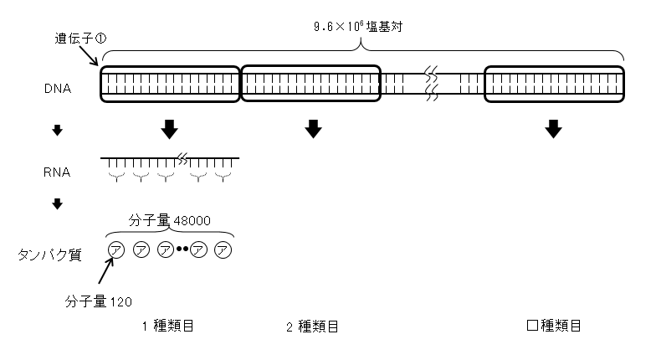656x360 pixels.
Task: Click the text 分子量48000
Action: tap(169, 221)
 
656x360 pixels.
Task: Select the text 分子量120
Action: tap(99, 299)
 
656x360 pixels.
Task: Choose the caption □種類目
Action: tap(553, 327)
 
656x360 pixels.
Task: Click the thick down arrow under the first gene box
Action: tap(169, 129)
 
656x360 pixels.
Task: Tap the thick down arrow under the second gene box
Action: tap(313, 129)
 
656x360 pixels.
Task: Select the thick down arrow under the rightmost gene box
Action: tap(553, 129)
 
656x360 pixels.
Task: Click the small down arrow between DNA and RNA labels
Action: tap(58, 130)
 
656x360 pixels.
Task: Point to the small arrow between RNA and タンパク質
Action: tap(58, 203)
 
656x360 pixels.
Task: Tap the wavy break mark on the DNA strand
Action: tap(432, 84)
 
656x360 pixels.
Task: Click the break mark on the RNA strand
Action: tap(182, 156)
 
